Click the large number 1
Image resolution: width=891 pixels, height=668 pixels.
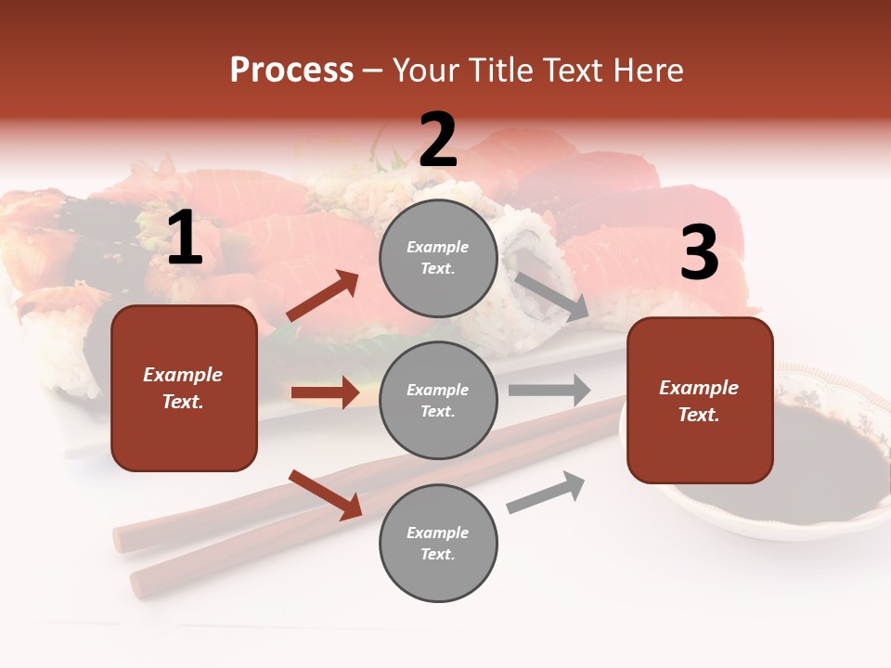point(185,238)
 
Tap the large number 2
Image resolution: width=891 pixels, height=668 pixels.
point(438,140)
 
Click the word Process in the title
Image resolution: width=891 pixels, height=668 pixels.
point(291,70)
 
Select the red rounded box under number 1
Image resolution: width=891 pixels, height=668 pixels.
point(184,388)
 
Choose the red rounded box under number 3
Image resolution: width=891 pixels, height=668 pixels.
point(700,401)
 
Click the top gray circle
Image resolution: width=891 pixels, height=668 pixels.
point(438,257)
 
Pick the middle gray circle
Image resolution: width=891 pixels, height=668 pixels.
point(438,400)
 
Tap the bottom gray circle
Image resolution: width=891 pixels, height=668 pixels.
point(438,543)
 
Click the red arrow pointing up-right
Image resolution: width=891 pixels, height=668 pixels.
point(323,296)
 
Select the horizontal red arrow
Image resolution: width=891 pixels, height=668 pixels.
point(325,392)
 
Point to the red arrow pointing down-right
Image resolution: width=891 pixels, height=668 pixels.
point(326,495)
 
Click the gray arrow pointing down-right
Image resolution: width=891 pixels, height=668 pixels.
point(551,296)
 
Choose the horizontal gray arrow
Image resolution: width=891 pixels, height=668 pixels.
point(549,390)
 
